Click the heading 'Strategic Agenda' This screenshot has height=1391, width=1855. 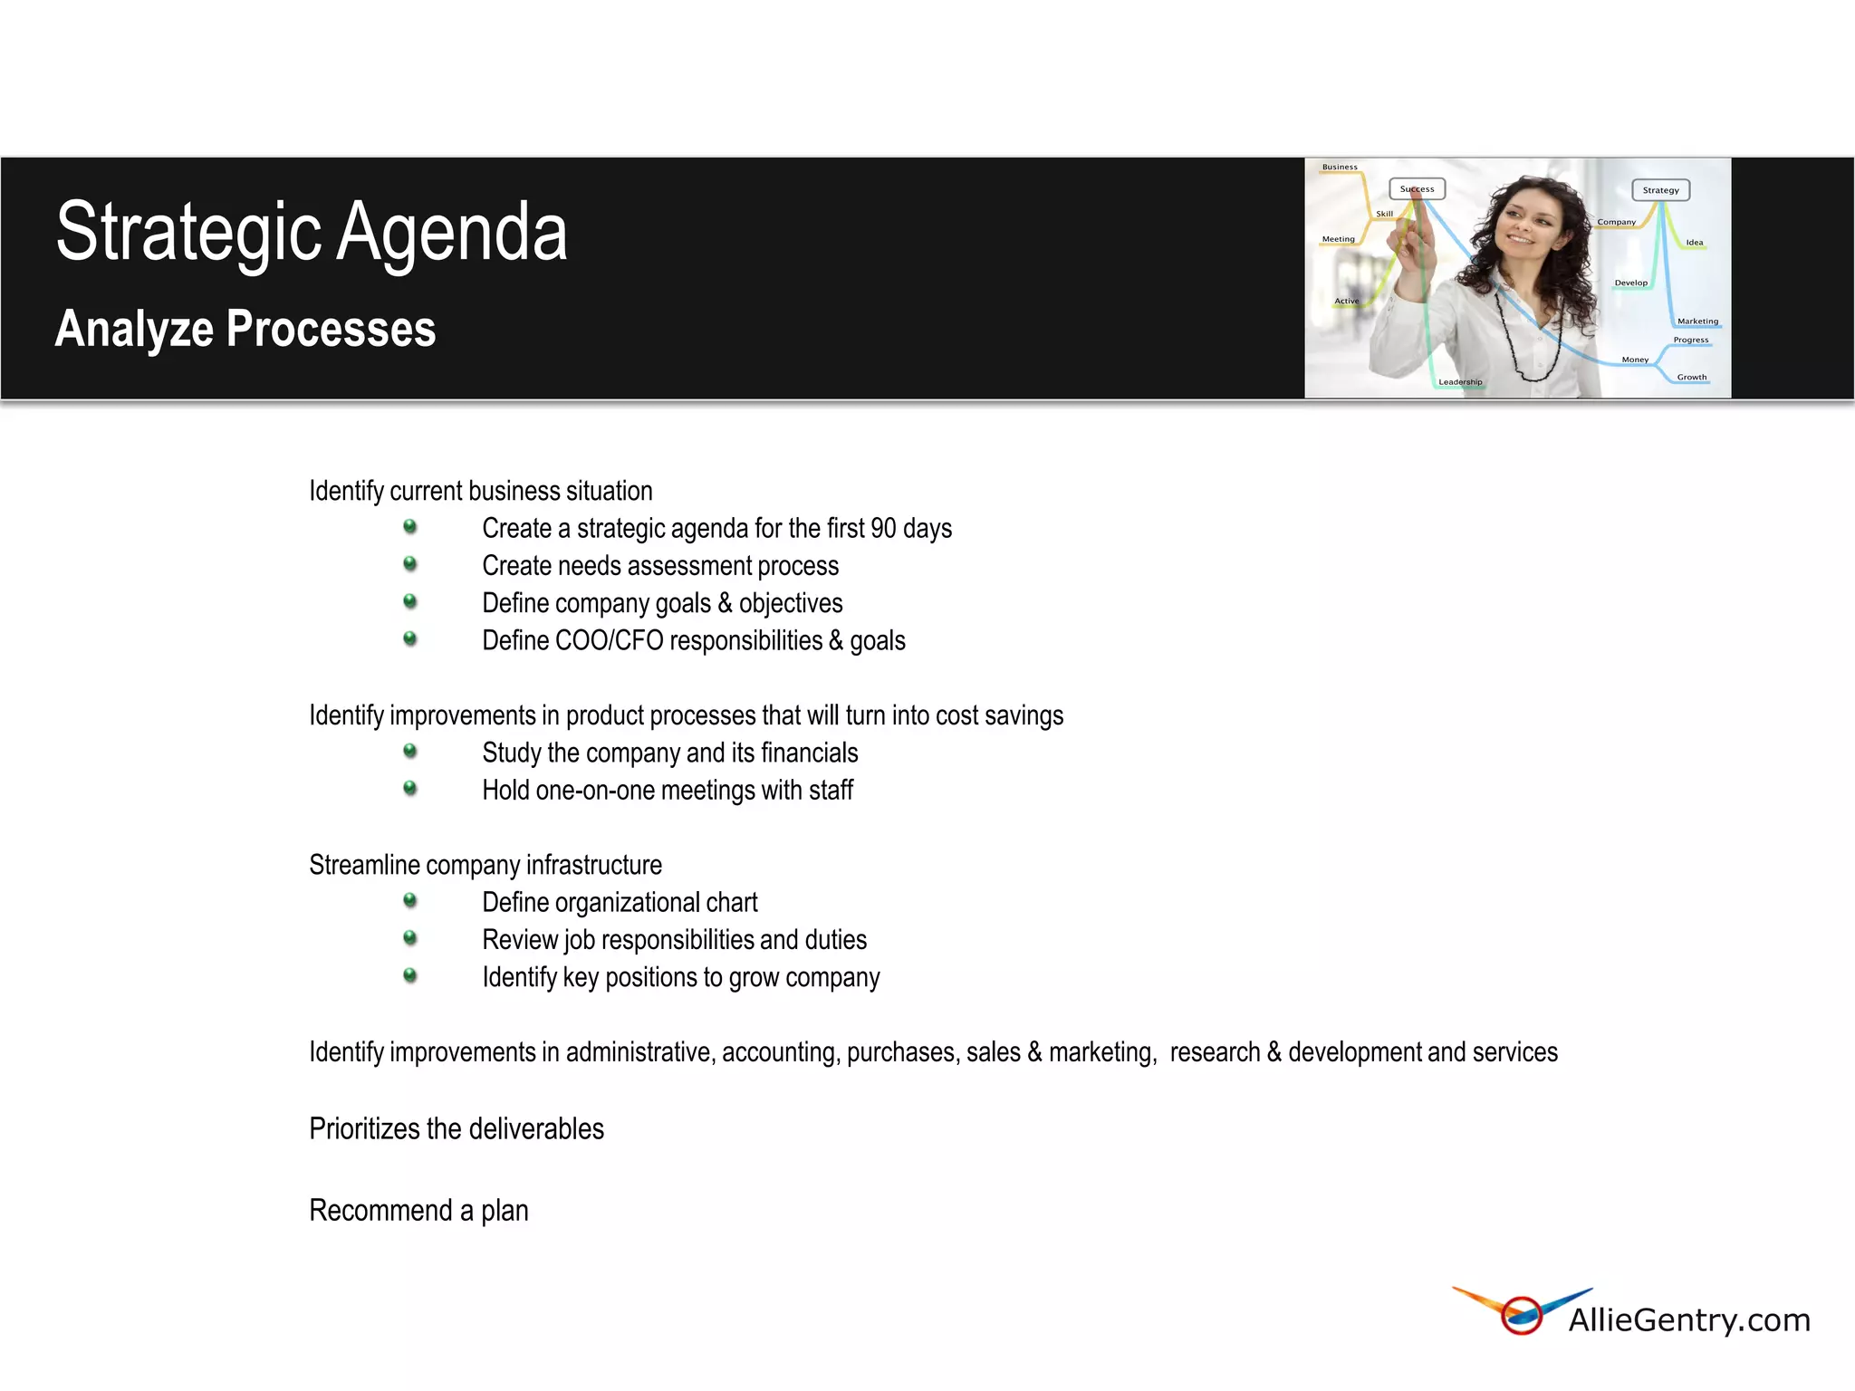(x=312, y=232)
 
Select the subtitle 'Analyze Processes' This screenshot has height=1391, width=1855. (x=245, y=329)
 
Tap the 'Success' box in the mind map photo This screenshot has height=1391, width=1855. (x=1417, y=189)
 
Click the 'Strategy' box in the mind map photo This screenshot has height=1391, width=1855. (x=1660, y=190)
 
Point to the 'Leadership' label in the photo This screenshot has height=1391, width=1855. (x=1460, y=382)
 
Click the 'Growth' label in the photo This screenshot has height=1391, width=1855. (x=1691, y=378)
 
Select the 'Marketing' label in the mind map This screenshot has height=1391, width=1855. (x=1696, y=321)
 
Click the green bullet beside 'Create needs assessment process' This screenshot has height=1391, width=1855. (x=410, y=564)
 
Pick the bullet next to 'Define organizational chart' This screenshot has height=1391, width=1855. (x=410, y=901)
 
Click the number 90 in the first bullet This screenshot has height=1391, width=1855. (x=883, y=528)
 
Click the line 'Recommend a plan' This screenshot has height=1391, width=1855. (x=418, y=1211)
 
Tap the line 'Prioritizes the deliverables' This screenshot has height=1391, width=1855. (x=457, y=1129)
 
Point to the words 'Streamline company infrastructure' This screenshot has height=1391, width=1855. (x=485, y=865)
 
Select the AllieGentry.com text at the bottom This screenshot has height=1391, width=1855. (x=1689, y=1320)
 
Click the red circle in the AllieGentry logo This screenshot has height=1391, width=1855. (x=1522, y=1316)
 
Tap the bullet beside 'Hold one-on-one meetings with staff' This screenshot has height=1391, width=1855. (x=410, y=789)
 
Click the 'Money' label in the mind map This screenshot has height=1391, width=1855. (x=1635, y=360)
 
